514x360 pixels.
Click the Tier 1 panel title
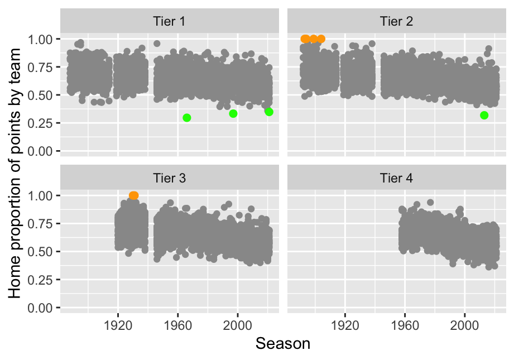tap(169, 22)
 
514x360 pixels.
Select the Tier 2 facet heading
tap(396, 22)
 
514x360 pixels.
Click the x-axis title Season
tap(283, 344)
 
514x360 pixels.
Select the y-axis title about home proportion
tap(16, 173)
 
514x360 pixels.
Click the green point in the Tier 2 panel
tap(484, 115)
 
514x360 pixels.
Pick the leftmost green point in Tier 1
tap(187, 117)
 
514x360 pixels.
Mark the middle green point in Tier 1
tap(233, 113)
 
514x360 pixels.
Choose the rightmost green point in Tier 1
tap(269, 112)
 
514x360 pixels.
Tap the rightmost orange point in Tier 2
tap(321, 39)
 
